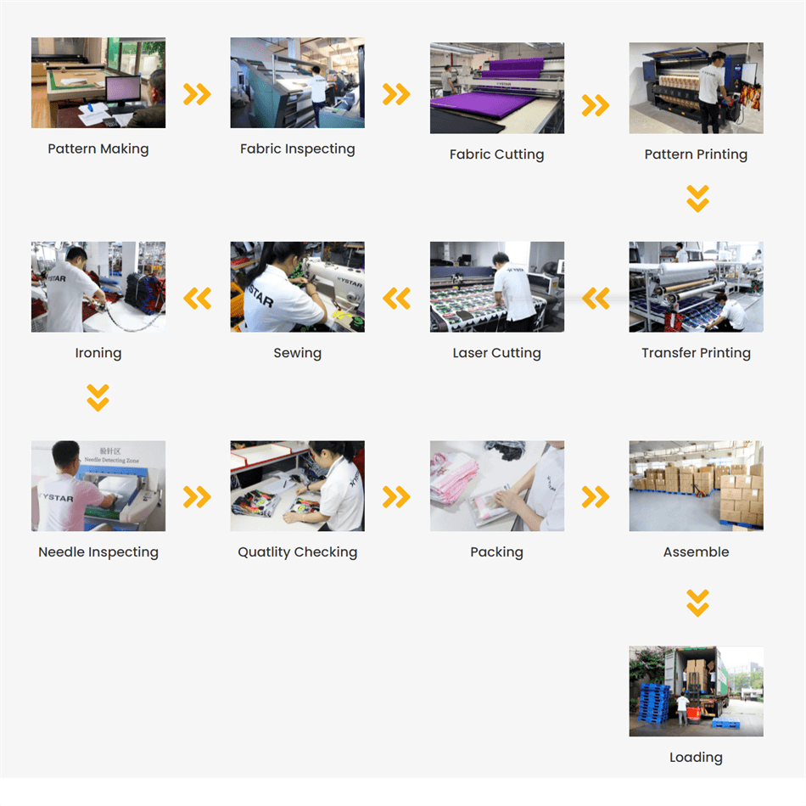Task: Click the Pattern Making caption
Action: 98,148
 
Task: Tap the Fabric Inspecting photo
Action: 297,83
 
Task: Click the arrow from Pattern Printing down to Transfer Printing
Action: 697,199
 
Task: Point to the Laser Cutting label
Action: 496,353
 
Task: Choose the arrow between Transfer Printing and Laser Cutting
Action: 596,298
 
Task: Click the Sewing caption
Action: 297,353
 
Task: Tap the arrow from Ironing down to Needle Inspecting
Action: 98,397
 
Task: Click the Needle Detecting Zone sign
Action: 111,456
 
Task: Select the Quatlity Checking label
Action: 297,552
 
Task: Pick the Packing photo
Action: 496,486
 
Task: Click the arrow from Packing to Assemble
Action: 596,497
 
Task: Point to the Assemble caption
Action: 696,552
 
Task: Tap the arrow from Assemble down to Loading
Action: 697,603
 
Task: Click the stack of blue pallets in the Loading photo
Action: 653,702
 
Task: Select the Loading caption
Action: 696,758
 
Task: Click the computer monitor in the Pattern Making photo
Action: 123,91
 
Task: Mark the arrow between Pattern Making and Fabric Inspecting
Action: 198,94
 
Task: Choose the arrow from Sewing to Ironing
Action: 198,298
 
